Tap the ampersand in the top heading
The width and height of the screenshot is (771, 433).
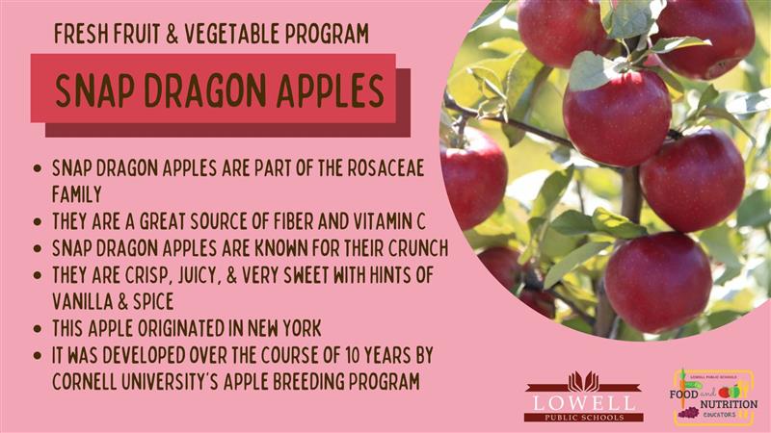(173, 34)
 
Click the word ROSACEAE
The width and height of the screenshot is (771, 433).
(385, 167)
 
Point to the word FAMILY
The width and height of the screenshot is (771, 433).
(77, 194)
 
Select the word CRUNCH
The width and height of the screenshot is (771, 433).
(418, 248)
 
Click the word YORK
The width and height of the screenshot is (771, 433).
(302, 328)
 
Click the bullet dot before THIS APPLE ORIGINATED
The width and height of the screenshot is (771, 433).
(38, 329)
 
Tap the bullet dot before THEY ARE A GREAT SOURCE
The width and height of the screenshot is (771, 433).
(38, 222)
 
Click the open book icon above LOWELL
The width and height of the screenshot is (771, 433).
(584, 381)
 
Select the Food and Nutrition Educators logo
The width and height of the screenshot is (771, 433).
(713, 397)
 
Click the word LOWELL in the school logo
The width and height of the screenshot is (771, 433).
(584, 403)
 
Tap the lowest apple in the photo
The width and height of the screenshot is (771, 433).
(657, 283)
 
